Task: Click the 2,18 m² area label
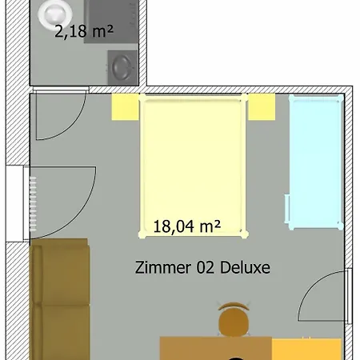[84, 31]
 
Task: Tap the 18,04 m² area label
[187, 226]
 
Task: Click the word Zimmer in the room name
[163, 267]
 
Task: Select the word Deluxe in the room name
[245, 267]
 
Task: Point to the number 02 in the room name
[206, 267]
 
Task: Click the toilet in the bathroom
[55, 14]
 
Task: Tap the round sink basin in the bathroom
[122, 67]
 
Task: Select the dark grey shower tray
[111, 22]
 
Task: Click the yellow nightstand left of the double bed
[125, 106]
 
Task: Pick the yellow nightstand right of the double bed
[262, 106]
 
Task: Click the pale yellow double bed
[194, 166]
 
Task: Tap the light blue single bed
[314, 162]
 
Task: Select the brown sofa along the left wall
[60, 299]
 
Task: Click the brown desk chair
[234, 319]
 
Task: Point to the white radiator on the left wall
[33, 204]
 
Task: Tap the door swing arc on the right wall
[308, 287]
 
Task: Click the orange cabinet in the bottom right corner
[306, 349]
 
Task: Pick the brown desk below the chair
[216, 348]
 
